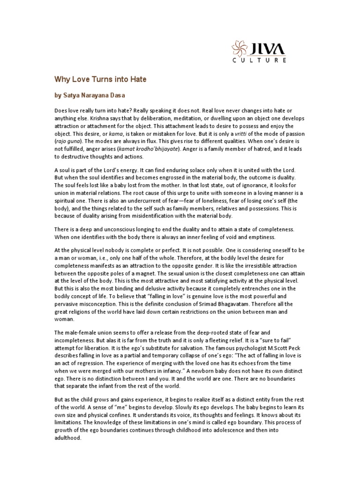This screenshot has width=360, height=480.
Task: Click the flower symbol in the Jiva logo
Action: pyautogui.click(x=240, y=48)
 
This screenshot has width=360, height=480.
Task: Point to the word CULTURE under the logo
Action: pyautogui.click(x=272, y=60)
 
